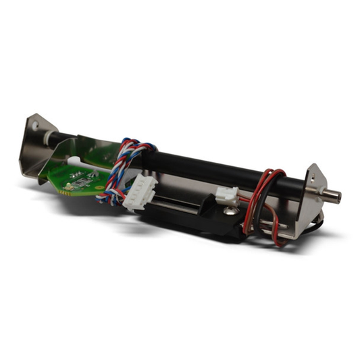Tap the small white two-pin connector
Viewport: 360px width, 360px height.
225,198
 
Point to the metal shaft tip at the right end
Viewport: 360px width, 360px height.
332,197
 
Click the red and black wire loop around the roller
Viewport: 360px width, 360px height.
269,186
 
